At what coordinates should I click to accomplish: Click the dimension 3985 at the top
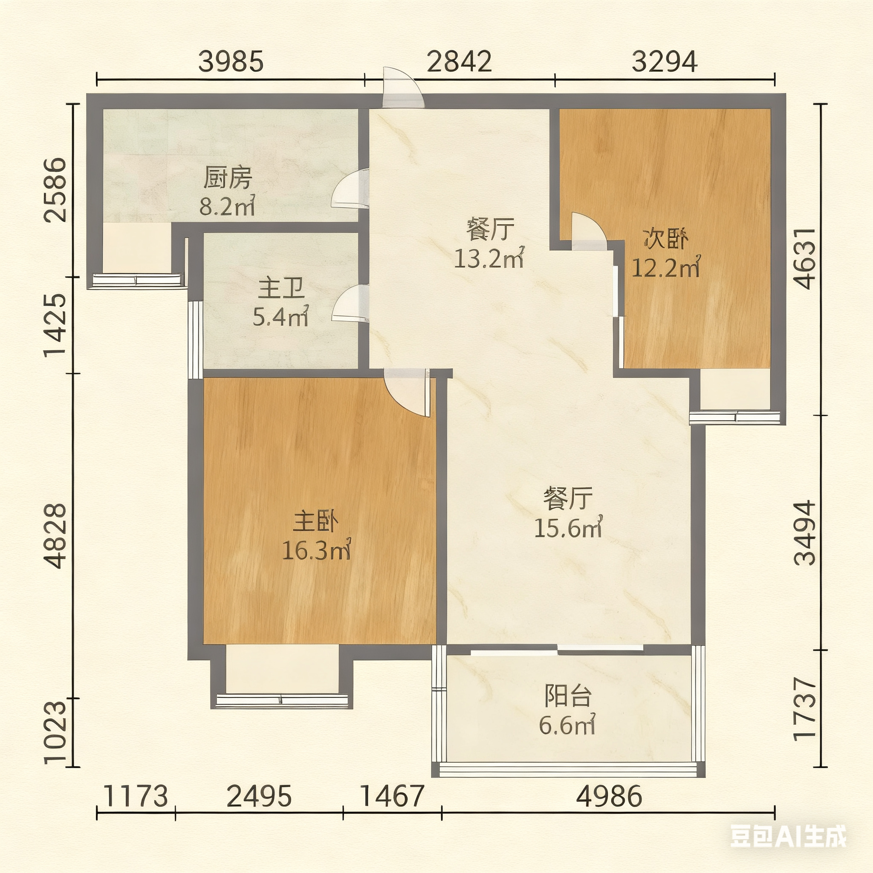tap(231, 61)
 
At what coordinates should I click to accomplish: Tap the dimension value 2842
tap(459, 61)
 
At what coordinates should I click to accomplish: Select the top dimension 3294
tap(664, 61)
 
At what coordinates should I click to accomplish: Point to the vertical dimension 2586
tap(55, 190)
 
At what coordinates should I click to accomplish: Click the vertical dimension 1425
tap(55, 325)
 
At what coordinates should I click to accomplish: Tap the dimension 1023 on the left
tap(55, 732)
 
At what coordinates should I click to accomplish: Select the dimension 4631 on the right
tap(805, 258)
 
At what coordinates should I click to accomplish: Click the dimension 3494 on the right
tap(805, 533)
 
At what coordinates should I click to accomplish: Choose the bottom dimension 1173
tap(136, 796)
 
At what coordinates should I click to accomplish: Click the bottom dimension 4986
tap(609, 796)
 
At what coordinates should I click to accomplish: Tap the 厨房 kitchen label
tap(227, 178)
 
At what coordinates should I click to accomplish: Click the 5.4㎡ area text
tap(280, 316)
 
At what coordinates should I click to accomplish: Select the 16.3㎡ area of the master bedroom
tap(317, 550)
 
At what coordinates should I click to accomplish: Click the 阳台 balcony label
tap(568, 696)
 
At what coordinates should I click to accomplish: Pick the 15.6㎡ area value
tap(568, 527)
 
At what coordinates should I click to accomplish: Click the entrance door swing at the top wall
tap(404, 87)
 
